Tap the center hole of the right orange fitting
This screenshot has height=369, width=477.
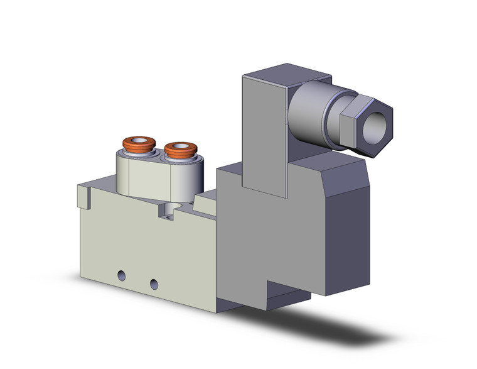click(x=181, y=148)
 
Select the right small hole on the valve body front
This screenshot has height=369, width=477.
click(x=153, y=284)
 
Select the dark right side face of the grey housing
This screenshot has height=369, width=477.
click(x=345, y=233)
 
